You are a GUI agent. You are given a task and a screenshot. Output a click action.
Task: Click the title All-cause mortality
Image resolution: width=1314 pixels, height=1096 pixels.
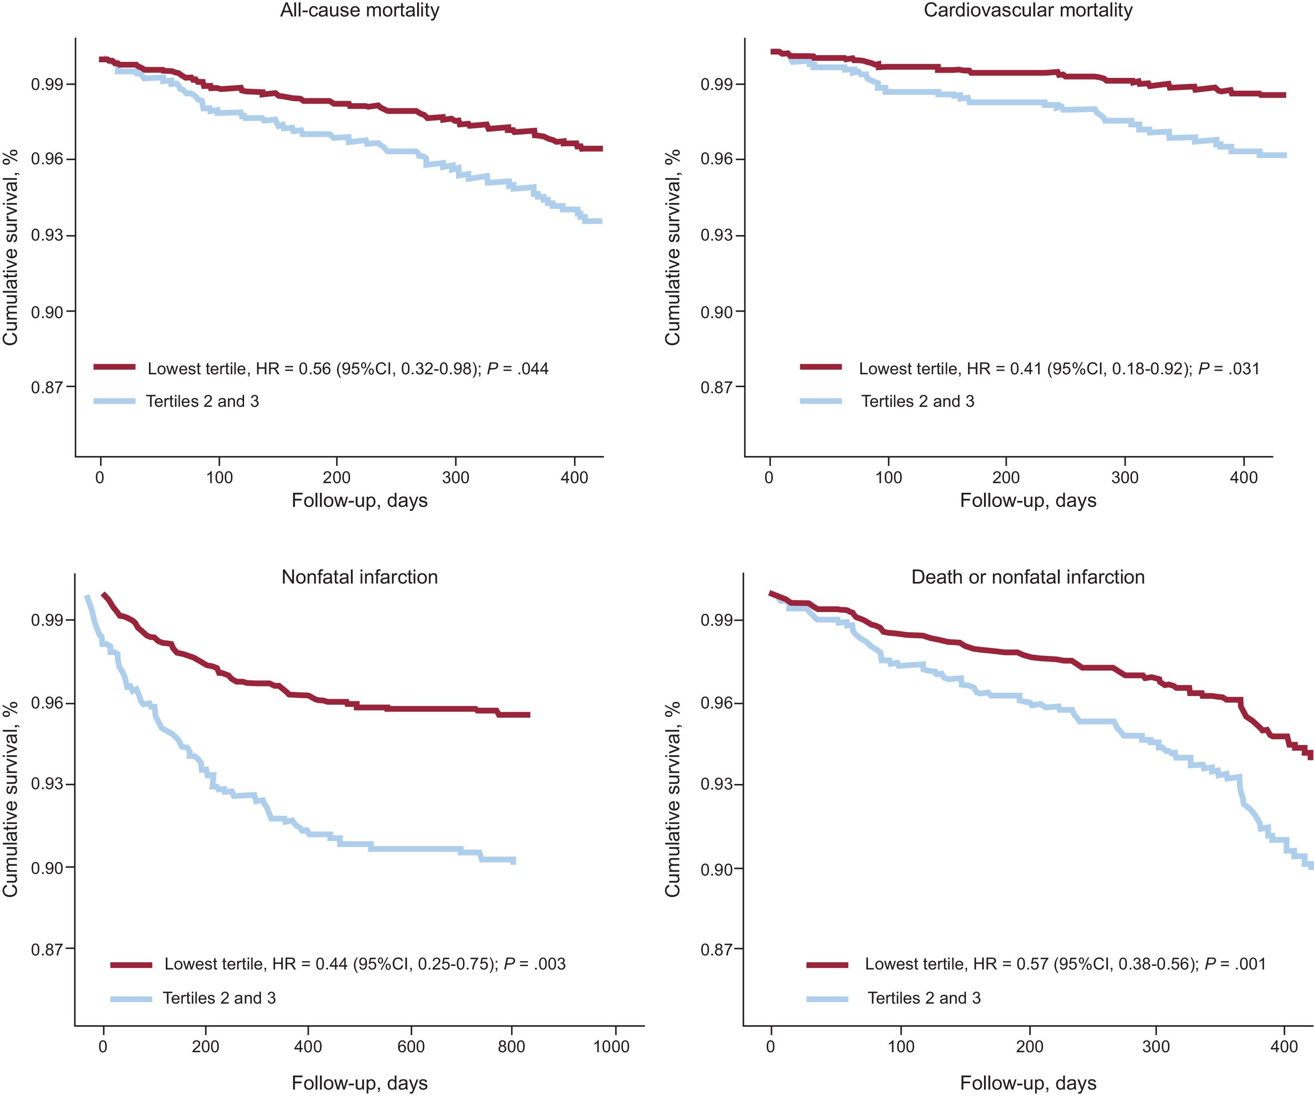point(359,10)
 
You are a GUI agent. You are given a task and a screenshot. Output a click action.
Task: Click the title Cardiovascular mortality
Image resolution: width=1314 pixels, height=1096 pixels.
point(1028,10)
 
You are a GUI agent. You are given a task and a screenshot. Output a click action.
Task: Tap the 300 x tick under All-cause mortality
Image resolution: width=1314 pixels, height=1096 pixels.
point(456,478)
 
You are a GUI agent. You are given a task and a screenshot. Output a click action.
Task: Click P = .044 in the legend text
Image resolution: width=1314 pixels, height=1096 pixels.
point(517,369)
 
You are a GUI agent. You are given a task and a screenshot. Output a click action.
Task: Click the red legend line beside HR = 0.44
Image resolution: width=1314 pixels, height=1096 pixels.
point(131,965)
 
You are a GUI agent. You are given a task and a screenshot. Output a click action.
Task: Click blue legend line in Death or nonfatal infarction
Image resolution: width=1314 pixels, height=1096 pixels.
point(827,998)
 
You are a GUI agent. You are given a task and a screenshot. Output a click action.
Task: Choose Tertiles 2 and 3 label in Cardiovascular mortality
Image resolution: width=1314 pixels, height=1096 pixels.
point(918,401)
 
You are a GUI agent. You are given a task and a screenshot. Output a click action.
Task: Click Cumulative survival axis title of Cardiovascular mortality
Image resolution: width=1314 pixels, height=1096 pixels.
point(672,247)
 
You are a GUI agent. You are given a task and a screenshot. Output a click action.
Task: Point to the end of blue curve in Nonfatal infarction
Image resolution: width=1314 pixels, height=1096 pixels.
point(513,861)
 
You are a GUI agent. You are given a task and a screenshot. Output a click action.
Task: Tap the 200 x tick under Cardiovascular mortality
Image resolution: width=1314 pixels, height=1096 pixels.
point(1006,478)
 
